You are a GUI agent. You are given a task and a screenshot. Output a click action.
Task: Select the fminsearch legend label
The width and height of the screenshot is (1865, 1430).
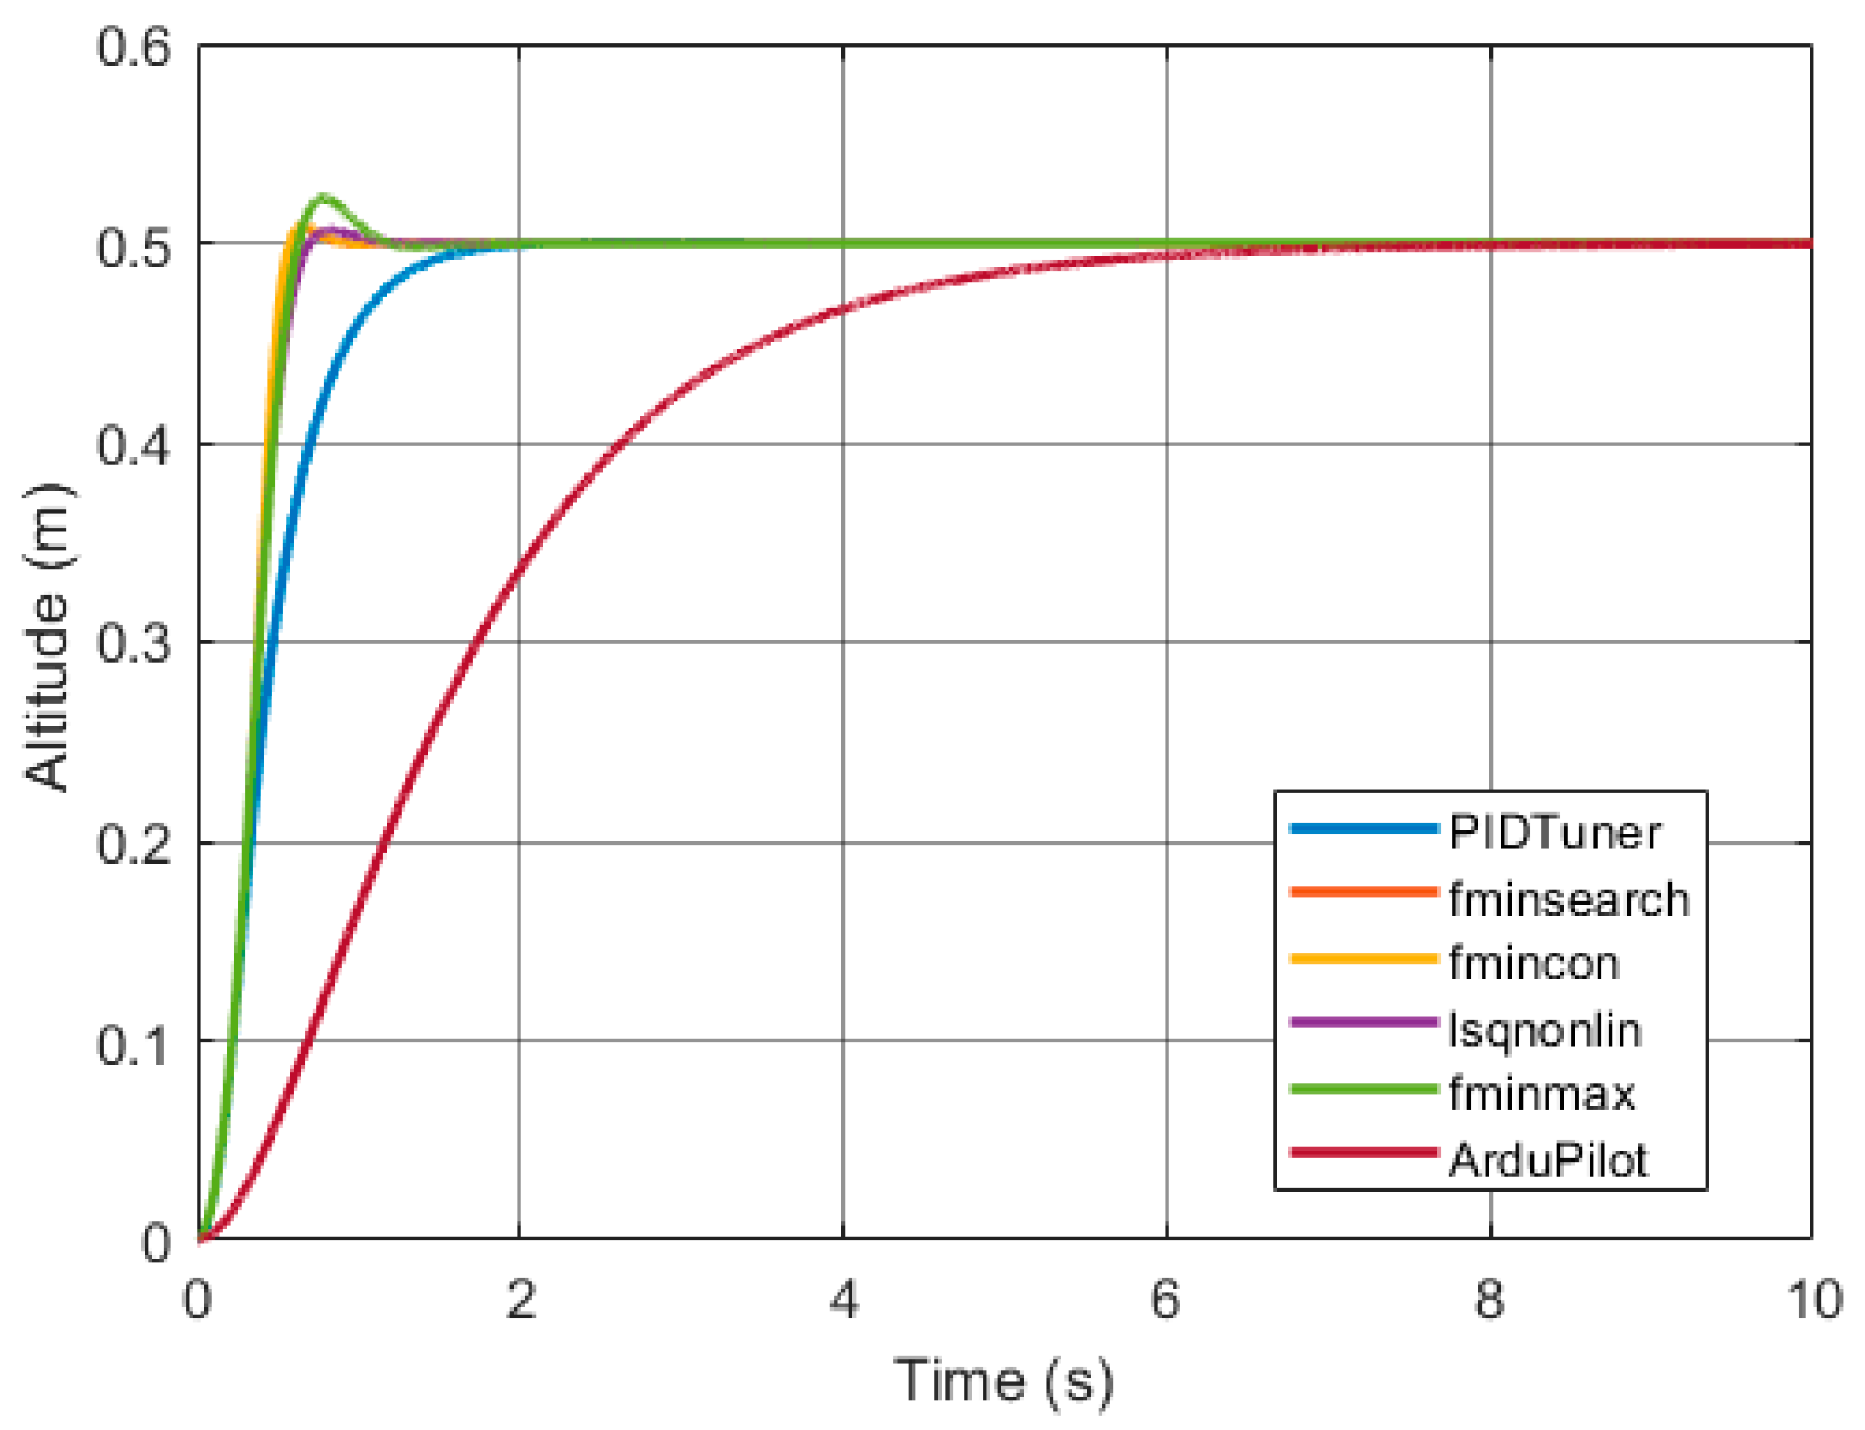(x=1568, y=899)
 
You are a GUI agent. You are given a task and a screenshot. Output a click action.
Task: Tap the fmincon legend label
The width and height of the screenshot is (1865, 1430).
(x=1533, y=963)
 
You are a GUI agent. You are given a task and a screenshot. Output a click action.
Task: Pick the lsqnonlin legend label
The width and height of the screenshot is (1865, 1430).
(x=1544, y=1030)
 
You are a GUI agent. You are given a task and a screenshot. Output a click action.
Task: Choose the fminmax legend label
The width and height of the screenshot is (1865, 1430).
(x=1541, y=1094)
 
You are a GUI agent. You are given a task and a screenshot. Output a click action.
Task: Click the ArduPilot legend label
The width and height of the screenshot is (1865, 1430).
(x=1547, y=1160)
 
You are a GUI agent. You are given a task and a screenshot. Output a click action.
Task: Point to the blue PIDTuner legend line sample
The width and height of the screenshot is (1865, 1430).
(x=1363, y=828)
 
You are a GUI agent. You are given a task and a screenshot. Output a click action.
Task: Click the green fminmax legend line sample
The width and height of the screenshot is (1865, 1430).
(x=1363, y=1088)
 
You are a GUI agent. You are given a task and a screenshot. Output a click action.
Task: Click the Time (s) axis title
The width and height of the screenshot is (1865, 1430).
(x=1003, y=1381)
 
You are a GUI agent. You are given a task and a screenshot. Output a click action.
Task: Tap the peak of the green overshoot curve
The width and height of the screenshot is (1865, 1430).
(x=324, y=198)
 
